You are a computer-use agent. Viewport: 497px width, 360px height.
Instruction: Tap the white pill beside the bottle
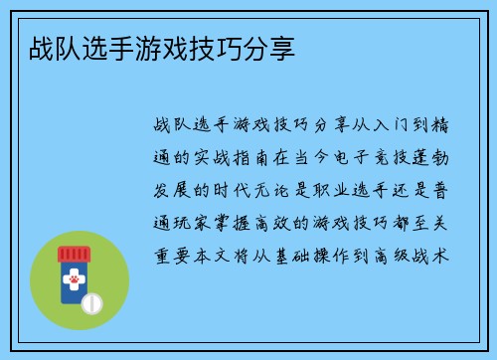click(91, 300)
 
